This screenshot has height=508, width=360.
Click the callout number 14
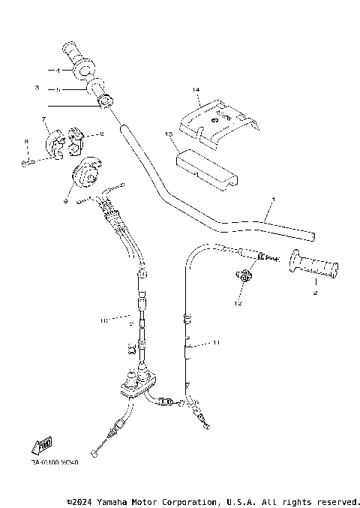(x=196, y=90)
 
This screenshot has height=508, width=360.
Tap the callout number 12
(x=238, y=303)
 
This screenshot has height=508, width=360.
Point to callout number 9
(x=66, y=201)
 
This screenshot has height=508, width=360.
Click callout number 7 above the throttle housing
(x=44, y=119)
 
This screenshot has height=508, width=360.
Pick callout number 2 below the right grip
(x=315, y=293)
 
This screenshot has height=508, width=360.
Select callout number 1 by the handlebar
(x=273, y=199)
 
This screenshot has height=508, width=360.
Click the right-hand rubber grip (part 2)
(x=313, y=264)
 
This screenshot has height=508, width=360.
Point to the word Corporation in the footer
(x=191, y=500)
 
